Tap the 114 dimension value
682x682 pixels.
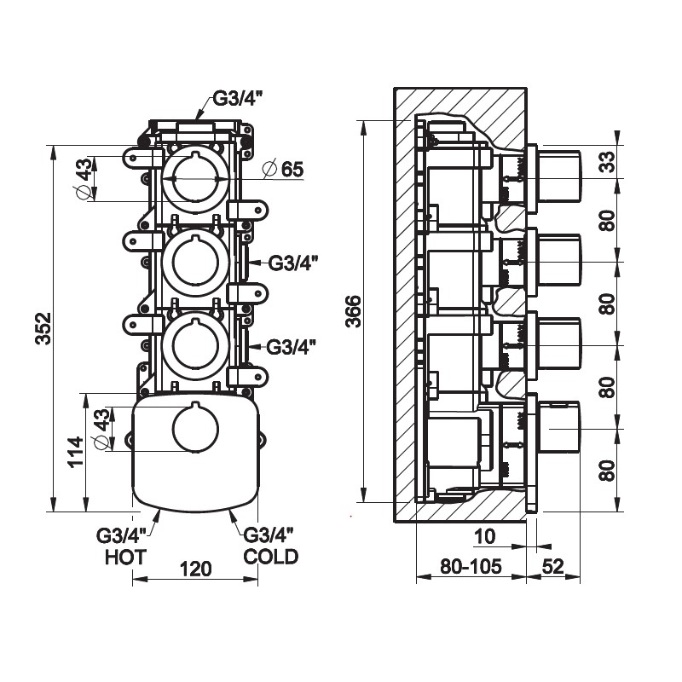click(76, 450)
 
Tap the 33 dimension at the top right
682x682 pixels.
click(606, 161)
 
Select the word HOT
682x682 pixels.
click(125, 558)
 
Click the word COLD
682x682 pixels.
click(270, 558)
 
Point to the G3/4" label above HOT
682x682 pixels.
click(122, 535)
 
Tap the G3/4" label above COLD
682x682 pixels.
click(269, 535)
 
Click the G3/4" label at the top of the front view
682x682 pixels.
click(237, 97)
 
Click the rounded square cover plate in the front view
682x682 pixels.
click(194, 452)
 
